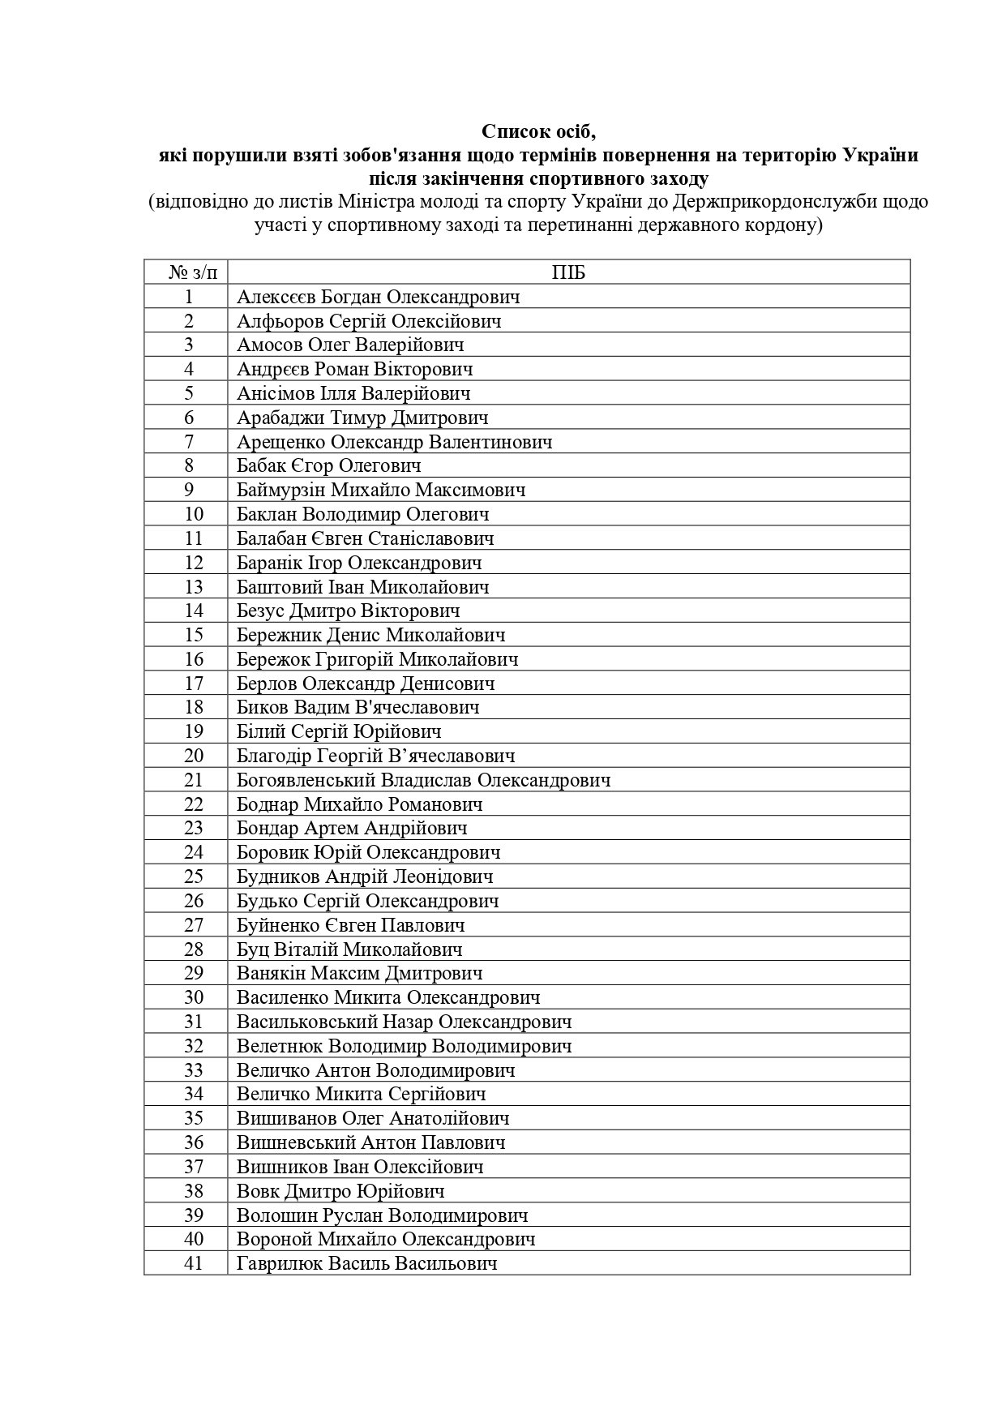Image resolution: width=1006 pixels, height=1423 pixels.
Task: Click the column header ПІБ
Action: coord(568,272)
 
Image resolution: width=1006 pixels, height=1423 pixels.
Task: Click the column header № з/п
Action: coord(188,272)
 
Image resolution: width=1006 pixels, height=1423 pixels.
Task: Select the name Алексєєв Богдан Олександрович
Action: coord(379,297)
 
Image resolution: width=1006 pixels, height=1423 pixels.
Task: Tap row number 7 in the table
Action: coord(188,442)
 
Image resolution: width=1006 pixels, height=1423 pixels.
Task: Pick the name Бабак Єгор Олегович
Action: coord(329,466)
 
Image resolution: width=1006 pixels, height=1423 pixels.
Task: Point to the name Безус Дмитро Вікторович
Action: coord(349,611)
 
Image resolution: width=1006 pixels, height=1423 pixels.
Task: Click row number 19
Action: coord(194,732)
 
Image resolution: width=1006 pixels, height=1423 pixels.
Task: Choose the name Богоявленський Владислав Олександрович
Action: coord(423,781)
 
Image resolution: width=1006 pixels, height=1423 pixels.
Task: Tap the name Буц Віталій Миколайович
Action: coord(349,949)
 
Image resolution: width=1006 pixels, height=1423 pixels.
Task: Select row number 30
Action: coord(194,998)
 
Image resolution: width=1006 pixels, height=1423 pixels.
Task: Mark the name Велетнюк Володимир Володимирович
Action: coord(405,1046)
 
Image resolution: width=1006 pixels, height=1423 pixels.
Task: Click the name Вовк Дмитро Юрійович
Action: coord(340,1191)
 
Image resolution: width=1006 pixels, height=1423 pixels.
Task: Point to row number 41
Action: coord(194,1263)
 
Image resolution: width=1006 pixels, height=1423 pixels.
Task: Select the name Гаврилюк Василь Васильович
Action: coord(366,1263)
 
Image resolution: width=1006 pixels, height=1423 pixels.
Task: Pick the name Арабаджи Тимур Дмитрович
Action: coord(362,418)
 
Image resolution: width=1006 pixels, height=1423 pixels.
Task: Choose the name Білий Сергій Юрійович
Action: coord(339,732)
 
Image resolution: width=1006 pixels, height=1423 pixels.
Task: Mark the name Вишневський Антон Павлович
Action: coord(371,1142)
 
